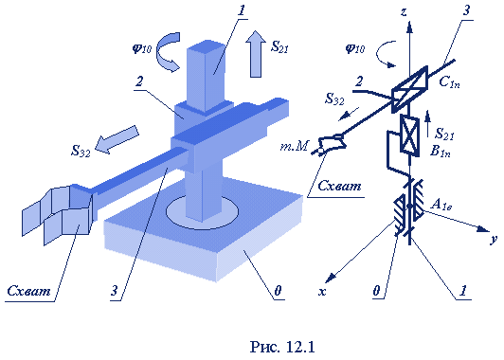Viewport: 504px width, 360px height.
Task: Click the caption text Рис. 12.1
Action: click(x=282, y=347)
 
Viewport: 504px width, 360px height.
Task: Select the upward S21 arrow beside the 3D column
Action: click(x=256, y=54)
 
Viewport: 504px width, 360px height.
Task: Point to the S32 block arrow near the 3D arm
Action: click(x=117, y=140)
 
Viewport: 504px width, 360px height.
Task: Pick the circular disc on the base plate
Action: click(x=202, y=212)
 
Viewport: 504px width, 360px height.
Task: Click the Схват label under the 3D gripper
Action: click(x=29, y=291)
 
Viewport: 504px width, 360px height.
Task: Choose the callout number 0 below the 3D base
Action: click(x=278, y=291)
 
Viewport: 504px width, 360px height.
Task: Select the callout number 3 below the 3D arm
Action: click(x=115, y=291)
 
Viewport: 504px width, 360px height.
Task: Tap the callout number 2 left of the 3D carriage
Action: click(x=139, y=81)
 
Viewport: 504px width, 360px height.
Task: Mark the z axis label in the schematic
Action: click(x=404, y=12)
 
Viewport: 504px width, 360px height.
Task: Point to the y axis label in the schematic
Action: click(x=493, y=239)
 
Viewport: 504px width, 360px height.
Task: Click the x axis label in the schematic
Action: click(x=322, y=291)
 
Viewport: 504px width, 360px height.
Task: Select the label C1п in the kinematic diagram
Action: click(x=449, y=82)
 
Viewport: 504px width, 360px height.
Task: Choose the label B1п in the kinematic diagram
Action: click(x=440, y=151)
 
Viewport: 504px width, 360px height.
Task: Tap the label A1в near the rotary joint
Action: click(x=441, y=204)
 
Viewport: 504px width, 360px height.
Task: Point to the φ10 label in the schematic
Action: click(x=355, y=48)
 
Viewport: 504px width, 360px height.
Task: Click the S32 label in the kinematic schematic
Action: click(x=334, y=99)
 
